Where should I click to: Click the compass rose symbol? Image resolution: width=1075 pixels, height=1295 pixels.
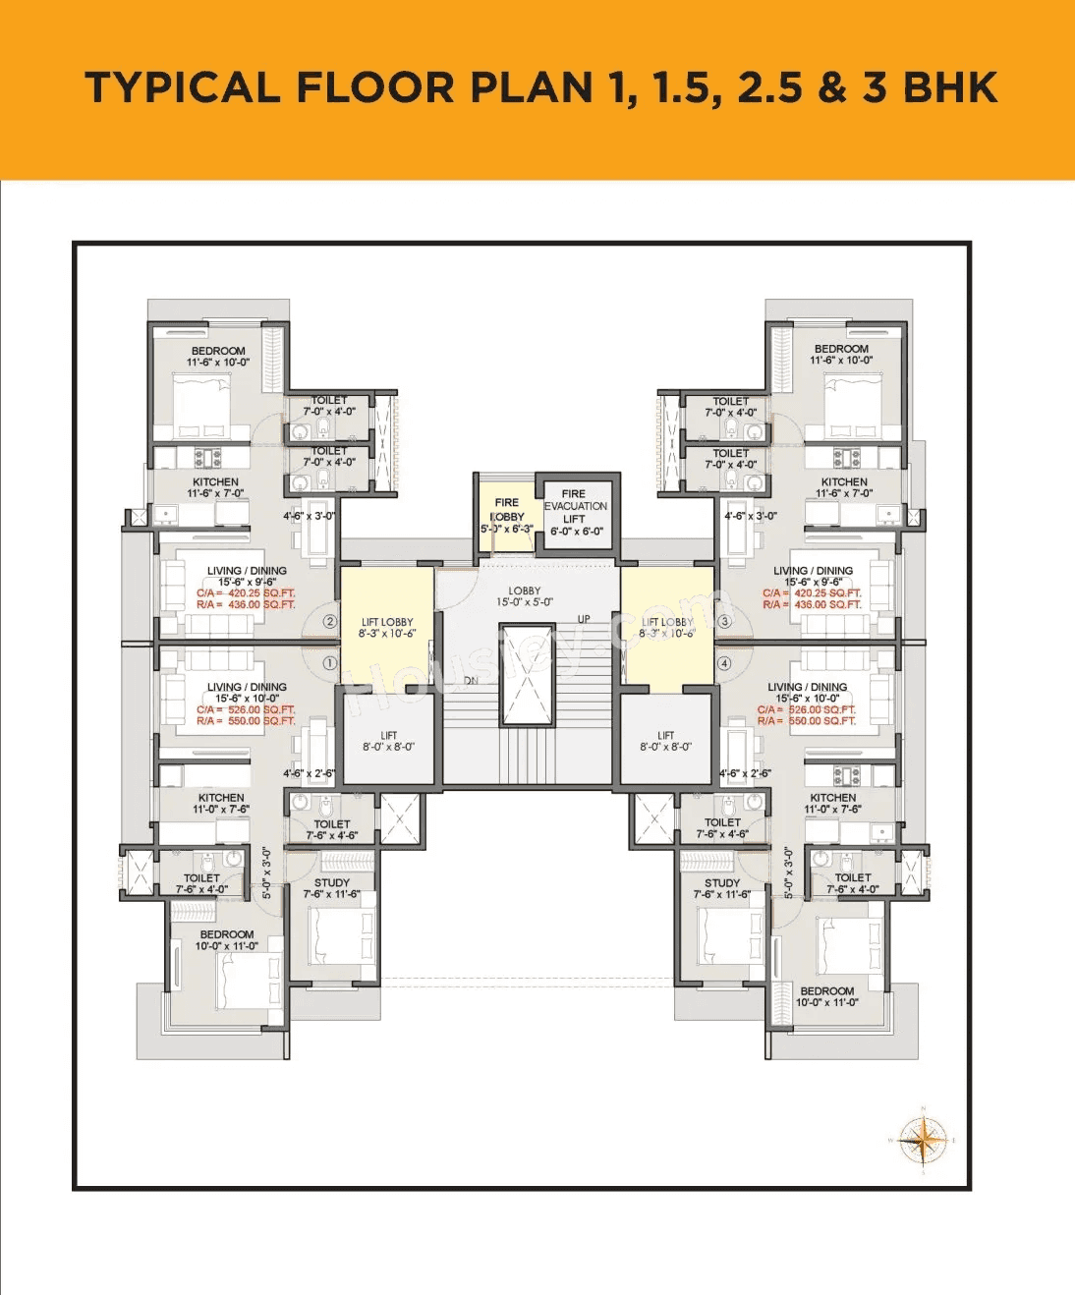pos(923,1141)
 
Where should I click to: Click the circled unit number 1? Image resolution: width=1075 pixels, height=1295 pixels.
pos(330,663)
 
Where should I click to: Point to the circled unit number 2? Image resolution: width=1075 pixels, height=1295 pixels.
pos(330,622)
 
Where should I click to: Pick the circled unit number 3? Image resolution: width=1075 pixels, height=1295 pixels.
pos(725,622)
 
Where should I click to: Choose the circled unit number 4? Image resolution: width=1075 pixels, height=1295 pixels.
pos(725,663)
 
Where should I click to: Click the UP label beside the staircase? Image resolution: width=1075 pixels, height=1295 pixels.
pos(584,619)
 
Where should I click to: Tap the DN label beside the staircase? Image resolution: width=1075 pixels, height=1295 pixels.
pos(471,680)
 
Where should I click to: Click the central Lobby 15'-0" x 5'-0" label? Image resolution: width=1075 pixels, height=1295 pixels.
pos(525,596)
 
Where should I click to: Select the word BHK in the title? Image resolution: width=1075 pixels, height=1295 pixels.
pos(950,87)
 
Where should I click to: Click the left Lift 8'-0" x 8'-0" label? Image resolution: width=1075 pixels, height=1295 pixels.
pos(389,741)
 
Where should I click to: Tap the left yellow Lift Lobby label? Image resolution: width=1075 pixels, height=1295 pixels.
pos(387,628)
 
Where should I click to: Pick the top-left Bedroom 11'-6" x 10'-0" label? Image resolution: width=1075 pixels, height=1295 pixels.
pos(218,356)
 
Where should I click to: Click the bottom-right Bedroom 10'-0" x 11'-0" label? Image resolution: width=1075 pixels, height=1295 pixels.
pos(827,996)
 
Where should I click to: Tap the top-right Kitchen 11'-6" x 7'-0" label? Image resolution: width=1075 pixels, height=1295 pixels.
pos(844,487)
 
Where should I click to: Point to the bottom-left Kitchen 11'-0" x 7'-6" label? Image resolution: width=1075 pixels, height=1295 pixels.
pos(221,803)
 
